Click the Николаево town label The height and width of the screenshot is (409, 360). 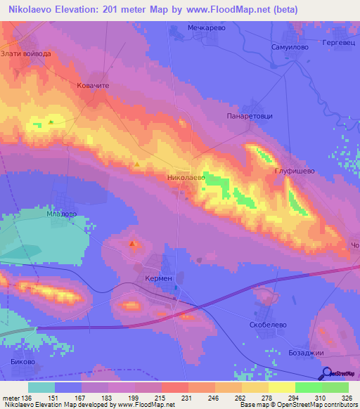pos(186,178)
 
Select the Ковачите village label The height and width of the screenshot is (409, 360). pos(94,84)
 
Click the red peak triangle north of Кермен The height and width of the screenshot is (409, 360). pos(133,244)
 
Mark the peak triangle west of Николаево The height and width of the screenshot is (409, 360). pos(138,164)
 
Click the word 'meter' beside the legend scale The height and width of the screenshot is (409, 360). pos(11,398)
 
